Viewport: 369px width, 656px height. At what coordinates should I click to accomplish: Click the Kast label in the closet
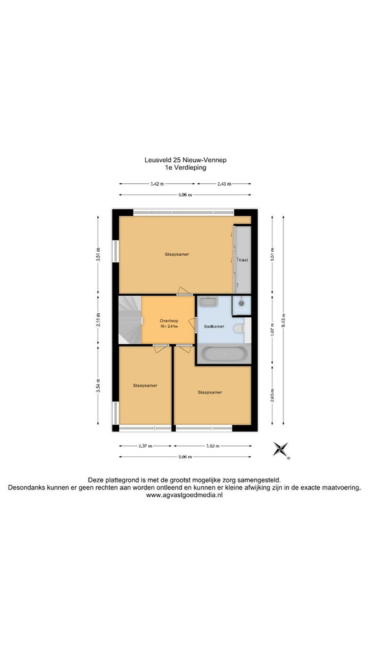244,260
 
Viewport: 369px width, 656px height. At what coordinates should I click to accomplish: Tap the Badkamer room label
214,326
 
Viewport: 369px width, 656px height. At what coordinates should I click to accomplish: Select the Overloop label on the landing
169,321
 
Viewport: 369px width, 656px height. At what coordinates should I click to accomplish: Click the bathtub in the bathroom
224,354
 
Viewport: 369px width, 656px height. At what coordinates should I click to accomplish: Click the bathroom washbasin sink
207,301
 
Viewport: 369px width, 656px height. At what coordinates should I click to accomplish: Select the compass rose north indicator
281,450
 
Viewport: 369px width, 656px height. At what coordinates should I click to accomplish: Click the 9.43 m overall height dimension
284,321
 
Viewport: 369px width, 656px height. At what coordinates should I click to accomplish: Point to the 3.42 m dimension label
156,184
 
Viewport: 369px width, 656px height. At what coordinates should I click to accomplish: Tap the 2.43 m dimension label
224,184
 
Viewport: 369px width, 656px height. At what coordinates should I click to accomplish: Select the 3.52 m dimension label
213,446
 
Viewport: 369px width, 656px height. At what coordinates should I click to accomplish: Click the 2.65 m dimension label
272,395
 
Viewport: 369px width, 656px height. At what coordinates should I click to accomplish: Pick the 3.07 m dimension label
272,331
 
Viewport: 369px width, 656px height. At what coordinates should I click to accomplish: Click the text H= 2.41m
169,326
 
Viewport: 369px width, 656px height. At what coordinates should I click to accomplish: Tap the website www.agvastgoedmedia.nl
184,495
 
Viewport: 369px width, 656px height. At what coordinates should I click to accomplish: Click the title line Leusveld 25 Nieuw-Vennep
185,160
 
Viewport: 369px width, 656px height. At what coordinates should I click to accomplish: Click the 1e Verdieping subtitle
185,167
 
